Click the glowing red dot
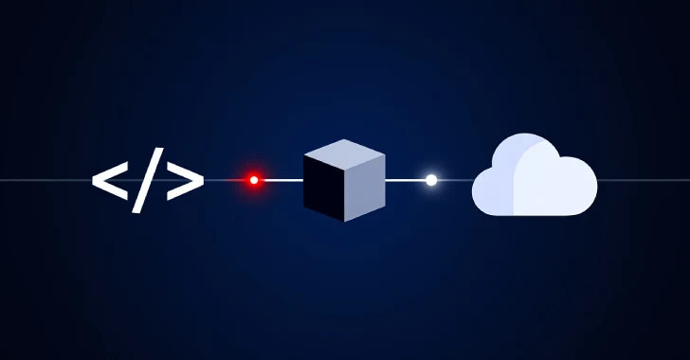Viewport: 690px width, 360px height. pyautogui.click(x=253, y=179)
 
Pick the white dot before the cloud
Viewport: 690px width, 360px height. pyautogui.click(x=431, y=179)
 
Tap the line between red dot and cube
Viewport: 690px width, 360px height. pyautogui.click(x=281, y=179)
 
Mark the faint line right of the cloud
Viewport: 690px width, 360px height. pyautogui.click(x=645, y=179)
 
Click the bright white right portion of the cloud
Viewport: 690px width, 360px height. pyautogui.click(x=559, y=185)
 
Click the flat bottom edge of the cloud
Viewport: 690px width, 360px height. pyautogui.click(x=536, y=214)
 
